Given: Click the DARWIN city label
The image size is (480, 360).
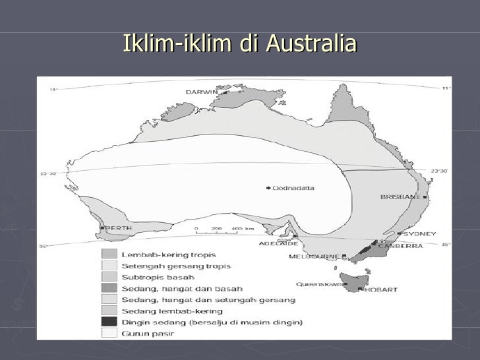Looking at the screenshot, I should tap(202, 92).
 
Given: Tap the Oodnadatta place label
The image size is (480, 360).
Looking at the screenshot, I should tap(294, 188).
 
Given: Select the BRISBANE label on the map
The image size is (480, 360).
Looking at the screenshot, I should tap(401, 197).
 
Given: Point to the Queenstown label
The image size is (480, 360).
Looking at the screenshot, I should tap(319, 284).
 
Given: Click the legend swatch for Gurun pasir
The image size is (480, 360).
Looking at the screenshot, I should tap(109, 333).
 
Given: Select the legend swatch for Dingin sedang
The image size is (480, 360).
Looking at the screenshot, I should tap(109, 322).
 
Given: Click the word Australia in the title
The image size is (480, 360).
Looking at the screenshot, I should tap(311, 44).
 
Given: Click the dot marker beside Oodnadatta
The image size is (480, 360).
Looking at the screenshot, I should tap(268, 188).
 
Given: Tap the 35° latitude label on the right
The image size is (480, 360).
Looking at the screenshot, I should tap(445, 245).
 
